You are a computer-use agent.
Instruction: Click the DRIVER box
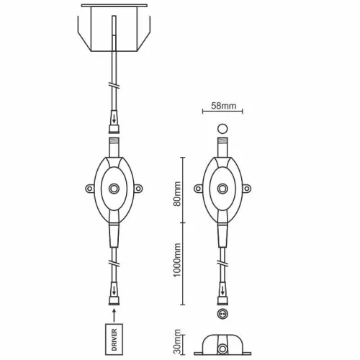pyautogui.click(x=114, y=339)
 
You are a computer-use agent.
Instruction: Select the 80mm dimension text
pyautogui.click(x=177, y=194)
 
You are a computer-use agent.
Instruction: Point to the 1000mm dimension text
pyautogui.click(x=177, y=260)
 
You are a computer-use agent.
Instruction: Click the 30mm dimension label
pyautogui.click(x=177, y=341)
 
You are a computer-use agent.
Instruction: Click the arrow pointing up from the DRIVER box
pyautogui.click(x=114, y=315)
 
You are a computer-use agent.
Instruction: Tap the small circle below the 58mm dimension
pyautogui.click(x=222, y=129)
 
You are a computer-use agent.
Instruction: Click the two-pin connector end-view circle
pyautogui.click(x=222, y=314)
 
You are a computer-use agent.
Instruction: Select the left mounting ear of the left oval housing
pyautogui.click(x=89, y=189)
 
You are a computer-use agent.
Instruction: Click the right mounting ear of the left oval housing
pyautogui.click(x=138, y=189)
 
